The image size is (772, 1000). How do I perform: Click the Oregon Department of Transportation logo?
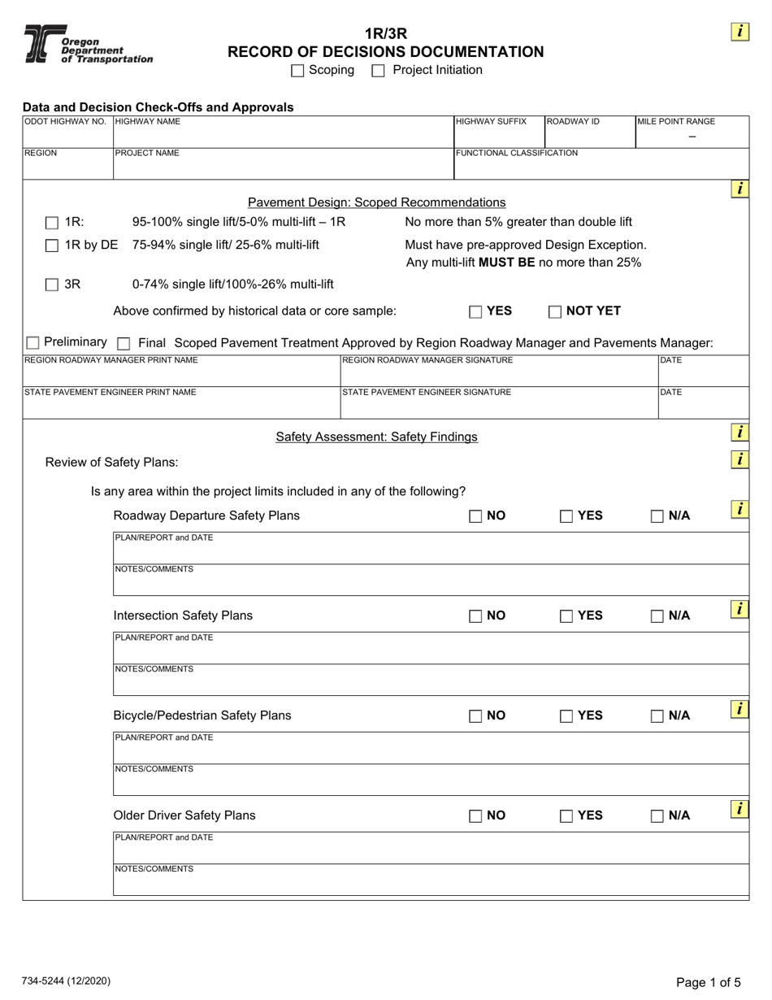coord(87,45)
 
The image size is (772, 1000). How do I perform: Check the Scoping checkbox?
coord(297,71)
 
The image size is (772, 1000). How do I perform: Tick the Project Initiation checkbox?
coord(378,71)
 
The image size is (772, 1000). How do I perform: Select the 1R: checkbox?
coord(52,223)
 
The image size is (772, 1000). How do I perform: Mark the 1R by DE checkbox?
coord(52,246)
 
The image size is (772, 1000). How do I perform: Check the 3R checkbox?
coord(52,285)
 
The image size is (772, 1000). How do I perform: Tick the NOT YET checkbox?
coord(555,311)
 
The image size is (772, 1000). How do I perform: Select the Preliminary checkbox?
coord(33,343)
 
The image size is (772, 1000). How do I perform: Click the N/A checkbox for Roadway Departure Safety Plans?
coord(657,516)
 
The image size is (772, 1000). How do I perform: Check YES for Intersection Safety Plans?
coord(566,616)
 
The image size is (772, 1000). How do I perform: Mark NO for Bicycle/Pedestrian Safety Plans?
coord(475,716)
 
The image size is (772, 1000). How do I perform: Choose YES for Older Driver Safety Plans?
coord(566,816)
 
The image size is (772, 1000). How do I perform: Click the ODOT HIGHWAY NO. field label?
coord(65,122)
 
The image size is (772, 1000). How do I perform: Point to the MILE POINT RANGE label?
coord(676,122)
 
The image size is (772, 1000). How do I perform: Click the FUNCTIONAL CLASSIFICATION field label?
coord(517,153)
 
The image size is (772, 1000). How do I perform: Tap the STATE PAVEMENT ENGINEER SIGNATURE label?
coord(427,392)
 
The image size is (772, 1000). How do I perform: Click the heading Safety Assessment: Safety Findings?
coord(376,437)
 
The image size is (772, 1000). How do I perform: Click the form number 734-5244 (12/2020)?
coord(67,981)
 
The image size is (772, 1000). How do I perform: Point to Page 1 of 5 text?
coord(709,982)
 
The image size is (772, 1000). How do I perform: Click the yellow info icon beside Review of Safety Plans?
coord(739,459)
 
